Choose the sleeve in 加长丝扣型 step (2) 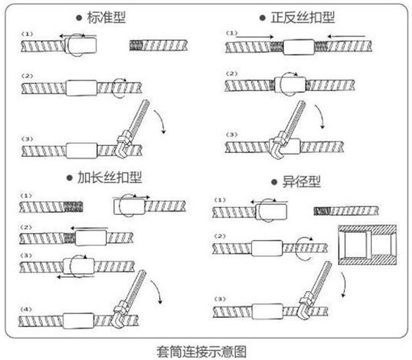click(x=89, y=237)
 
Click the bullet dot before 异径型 click(x=275, y=182)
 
